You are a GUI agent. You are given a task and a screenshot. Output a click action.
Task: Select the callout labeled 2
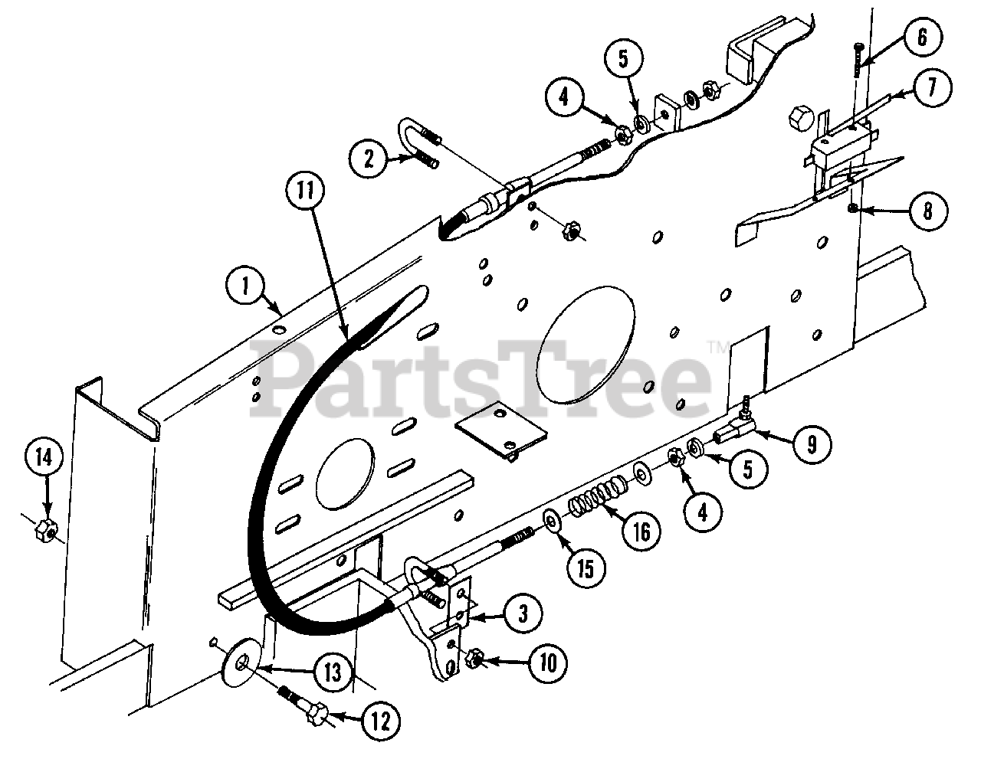369,159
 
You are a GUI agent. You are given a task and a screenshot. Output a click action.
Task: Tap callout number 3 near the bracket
522,613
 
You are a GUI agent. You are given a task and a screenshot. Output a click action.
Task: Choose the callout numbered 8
927,211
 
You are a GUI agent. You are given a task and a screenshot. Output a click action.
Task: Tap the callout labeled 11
306,188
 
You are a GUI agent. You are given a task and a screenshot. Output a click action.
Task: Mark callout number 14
46,459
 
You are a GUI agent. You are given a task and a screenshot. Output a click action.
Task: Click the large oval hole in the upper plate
587,337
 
